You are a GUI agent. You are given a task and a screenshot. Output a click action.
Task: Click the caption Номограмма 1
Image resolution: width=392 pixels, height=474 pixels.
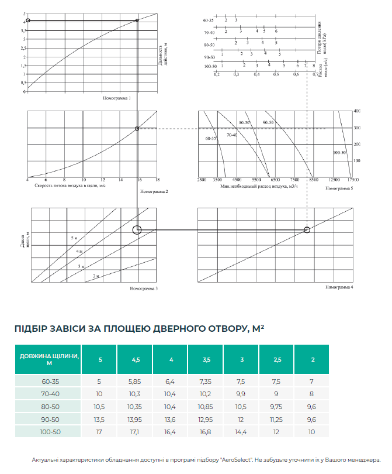pyautogui.click(x=117, y=98)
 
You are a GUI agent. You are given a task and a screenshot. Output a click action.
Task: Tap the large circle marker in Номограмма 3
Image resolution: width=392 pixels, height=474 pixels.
pyautogui.click(x=137, y=230)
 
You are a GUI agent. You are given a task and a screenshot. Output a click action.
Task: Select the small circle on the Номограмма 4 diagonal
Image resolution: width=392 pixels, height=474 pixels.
pyautogui.click(x=307, y=230)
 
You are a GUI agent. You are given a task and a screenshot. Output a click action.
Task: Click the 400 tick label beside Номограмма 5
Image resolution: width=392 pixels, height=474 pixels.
pyautogui.click(x=356, y=111)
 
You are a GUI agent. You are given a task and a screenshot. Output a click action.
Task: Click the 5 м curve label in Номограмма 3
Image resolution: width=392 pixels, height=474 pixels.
pyautogui.click(x=74, y=239)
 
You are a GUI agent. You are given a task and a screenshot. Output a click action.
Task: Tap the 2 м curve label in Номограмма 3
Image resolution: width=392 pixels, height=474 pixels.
pyautogui.click(x=98, y=276)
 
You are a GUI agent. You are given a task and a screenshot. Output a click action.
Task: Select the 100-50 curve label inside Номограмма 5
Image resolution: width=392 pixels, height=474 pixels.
pyautogui.click(x=339, y=152)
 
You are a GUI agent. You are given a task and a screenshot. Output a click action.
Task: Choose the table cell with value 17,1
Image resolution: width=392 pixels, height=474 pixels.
pyautogui.click(x=135, y=432)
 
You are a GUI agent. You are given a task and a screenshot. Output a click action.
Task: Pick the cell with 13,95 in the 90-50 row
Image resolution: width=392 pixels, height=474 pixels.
pyautogui.click(x=135, y=419)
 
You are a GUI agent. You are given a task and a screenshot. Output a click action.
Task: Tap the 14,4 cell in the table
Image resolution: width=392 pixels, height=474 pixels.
pyautogui.click(x=241, y=432)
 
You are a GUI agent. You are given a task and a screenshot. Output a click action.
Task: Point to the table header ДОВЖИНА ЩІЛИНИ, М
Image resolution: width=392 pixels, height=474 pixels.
pyautogui.click(x=48, y=359)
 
